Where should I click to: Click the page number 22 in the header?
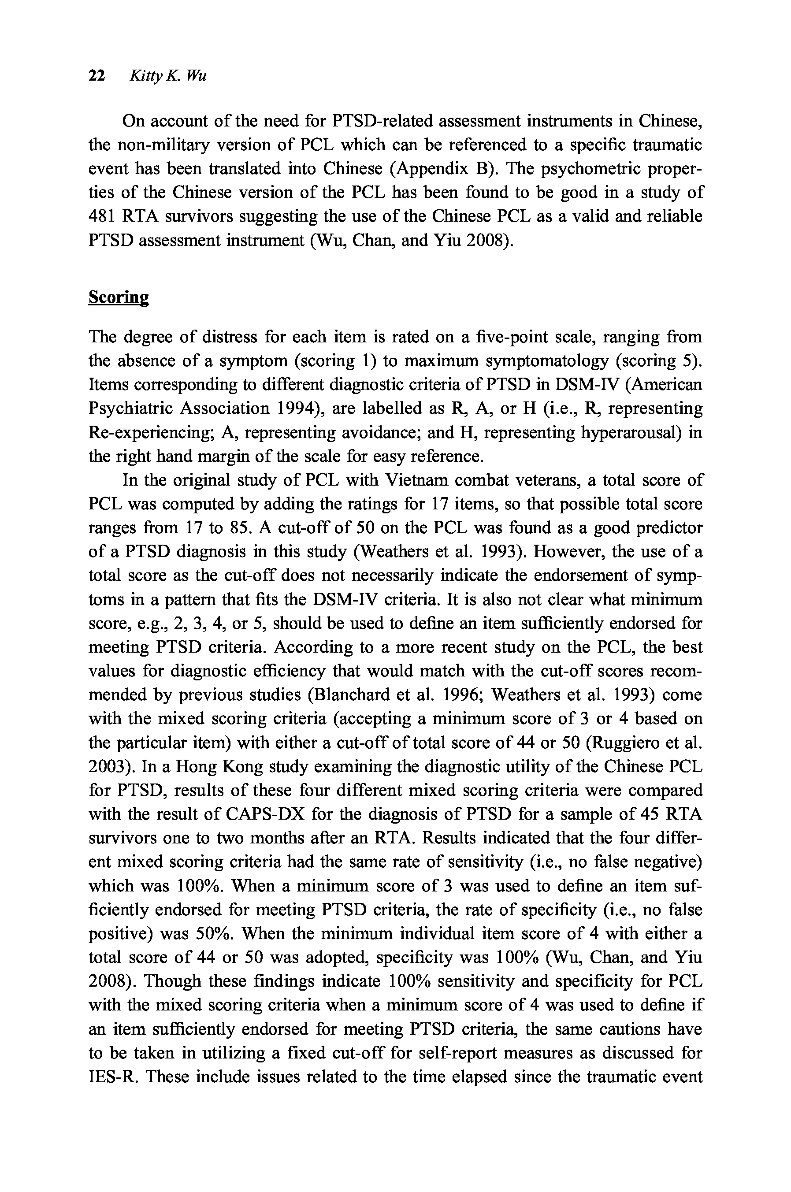click(97, 76)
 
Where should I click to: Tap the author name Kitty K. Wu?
click(168, 76)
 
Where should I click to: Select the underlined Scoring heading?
click(119, 297)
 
